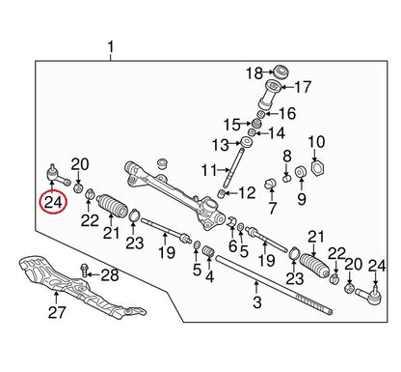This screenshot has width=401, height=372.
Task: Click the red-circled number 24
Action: (53, 203)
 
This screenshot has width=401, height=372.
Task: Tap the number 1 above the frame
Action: (110, 47)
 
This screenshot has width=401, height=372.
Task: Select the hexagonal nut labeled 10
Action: (318, 167)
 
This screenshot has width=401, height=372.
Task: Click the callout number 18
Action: (254, 73)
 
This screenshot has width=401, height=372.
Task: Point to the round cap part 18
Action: (281, 72)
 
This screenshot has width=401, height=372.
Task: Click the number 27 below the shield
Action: (57, 312)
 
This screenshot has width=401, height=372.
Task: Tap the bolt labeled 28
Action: (84, 270)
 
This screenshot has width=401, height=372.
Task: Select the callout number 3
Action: (257, 302)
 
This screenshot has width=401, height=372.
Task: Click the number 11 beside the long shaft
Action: (209, 170)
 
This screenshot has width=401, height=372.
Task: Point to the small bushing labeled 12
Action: (221, 193)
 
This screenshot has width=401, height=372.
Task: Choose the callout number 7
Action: (272, 208)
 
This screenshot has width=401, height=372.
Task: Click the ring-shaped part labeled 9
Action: (301, 172)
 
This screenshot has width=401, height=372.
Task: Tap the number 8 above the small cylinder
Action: (287, 156)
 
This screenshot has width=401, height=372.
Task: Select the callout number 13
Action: (220, 145)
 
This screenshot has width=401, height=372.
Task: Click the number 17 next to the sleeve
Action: (303, 87)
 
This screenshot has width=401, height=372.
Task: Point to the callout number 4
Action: (210, 276)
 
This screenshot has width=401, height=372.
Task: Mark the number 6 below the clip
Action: (232, 246)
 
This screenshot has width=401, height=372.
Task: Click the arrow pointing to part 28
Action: (94, 274)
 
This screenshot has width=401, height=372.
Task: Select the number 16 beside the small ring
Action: (287, 113)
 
